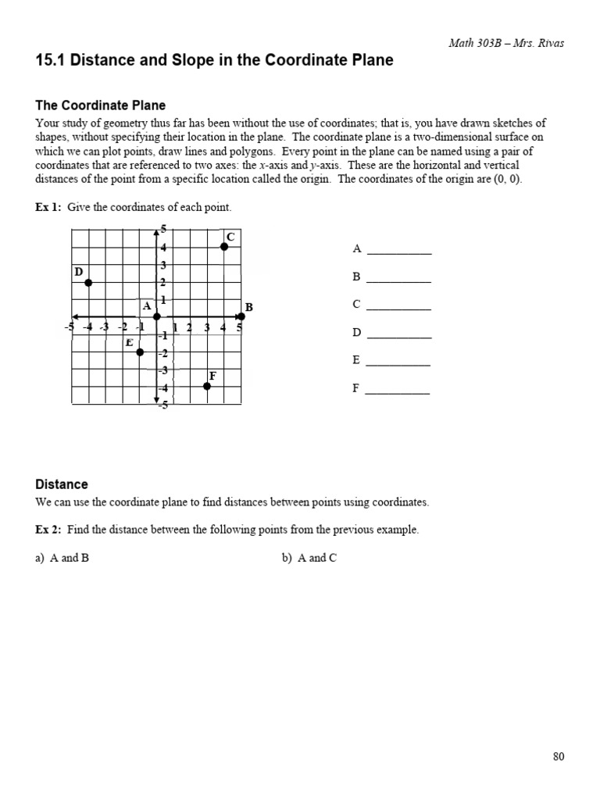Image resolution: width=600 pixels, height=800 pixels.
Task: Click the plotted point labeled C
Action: click(224, 246)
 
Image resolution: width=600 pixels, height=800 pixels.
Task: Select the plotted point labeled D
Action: click(88, 282)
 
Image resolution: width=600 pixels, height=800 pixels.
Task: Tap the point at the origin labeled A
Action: click(157, 316)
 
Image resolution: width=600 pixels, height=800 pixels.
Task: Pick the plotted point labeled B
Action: click(241, 316)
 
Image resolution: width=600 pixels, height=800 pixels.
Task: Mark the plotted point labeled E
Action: click(140, 352)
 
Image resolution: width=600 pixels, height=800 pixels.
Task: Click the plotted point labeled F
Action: click(207, 386)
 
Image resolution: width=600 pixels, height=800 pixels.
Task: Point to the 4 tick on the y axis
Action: click(164, 248)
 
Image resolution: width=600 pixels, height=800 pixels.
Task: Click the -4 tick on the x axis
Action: click(87, 327)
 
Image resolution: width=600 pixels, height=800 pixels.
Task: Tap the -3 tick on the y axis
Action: click(163, 370)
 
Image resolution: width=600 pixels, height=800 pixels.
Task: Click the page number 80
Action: click(558, 756)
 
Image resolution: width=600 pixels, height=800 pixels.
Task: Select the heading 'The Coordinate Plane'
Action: click(101, 105)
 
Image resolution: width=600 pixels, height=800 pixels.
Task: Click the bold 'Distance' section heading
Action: click(62, 484)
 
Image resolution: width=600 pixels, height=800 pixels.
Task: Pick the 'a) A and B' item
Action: click(62, 559)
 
